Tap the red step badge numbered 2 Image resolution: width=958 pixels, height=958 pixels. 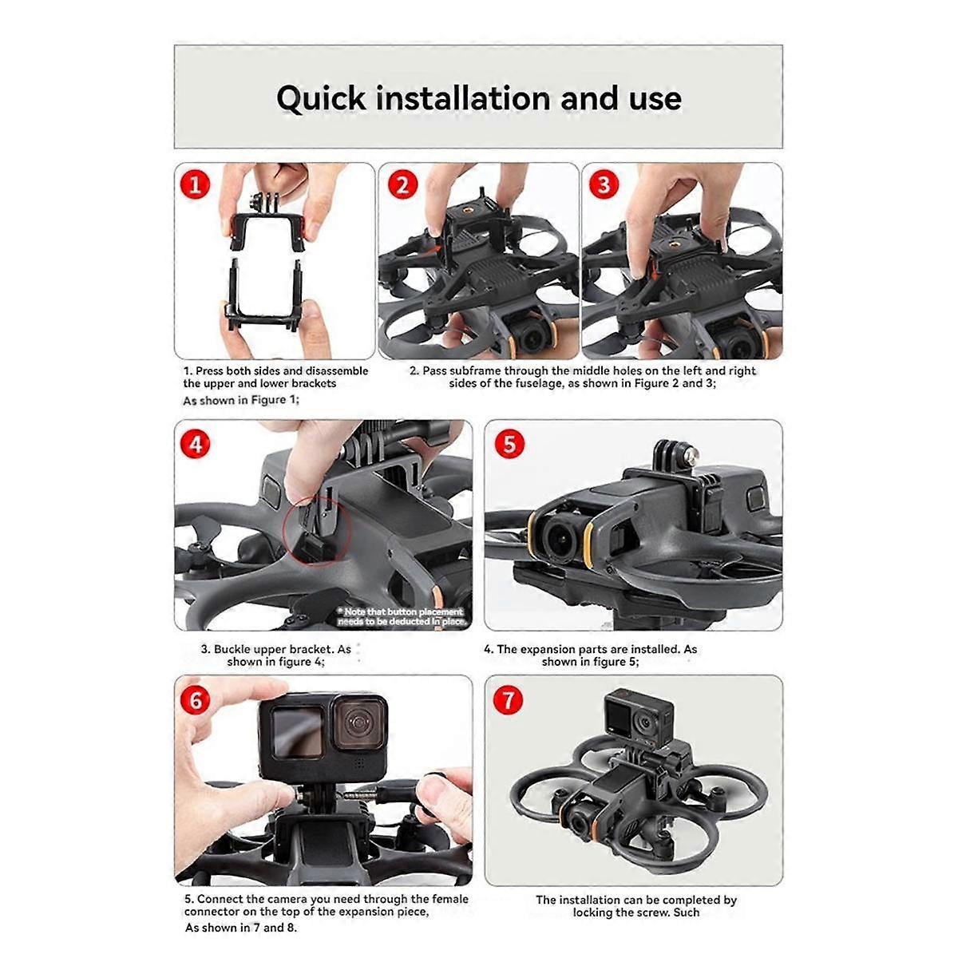pyautogui.click(x=402, y=184)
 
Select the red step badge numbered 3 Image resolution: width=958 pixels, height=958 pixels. pyautogui.click(x=604, y=184)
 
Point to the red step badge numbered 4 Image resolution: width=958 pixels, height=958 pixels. pyautogui.click(x=196, y=444)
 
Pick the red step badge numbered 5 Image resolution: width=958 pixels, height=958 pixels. pyautogui.click(x=509, y=444)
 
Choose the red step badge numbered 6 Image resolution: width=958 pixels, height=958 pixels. pyautogui.click(x=196, y=700)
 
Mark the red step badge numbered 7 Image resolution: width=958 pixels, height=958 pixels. pyautogui.click(x=509, y=700)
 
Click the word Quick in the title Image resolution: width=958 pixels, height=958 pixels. pyautogui.click(x=321, y=99)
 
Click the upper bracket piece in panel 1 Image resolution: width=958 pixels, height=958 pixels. pyautogui.click(x=267, y=228)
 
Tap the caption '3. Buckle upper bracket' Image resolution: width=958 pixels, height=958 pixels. pyautogui.click(x=275, y=655)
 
